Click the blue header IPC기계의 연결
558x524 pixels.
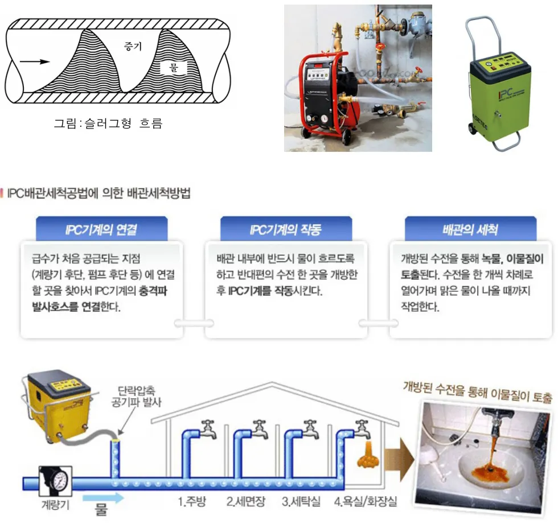click(101, 230)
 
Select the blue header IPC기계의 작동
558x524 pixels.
click(286, 230)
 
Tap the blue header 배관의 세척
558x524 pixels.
click(470, 230)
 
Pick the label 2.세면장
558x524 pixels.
click(247, 502)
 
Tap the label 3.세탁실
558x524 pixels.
click(300, 502)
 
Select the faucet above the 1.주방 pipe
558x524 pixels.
click(208, 426)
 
